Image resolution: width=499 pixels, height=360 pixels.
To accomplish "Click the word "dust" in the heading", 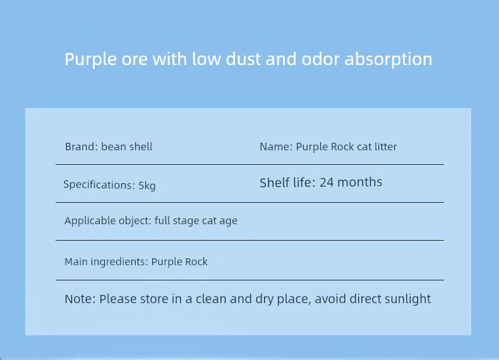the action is coord(243,59).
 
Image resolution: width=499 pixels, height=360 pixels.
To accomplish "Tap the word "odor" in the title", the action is coord(320,59).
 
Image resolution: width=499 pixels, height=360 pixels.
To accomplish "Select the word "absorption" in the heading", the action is coord(388,60).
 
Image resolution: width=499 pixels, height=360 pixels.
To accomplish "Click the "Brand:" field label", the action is coord(81,147).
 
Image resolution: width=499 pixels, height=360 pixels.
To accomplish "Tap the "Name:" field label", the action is coord(276,147).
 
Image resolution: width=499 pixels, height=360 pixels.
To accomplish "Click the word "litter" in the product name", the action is coord(386,147).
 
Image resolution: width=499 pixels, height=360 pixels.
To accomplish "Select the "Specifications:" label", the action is coord(99,184).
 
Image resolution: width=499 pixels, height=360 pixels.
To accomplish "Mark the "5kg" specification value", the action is coord(147,186).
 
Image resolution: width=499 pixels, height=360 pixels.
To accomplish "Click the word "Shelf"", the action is coord(275,183).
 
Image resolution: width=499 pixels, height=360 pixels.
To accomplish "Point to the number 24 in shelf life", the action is coord(327,183).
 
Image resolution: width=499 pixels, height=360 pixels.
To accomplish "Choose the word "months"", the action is coord(359,182).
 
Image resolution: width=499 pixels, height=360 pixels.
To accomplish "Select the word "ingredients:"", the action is coord(119,262).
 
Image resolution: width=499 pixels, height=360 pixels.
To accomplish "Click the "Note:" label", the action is coord(80,299).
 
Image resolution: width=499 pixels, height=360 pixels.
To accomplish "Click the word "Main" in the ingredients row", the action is coord(76,261).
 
